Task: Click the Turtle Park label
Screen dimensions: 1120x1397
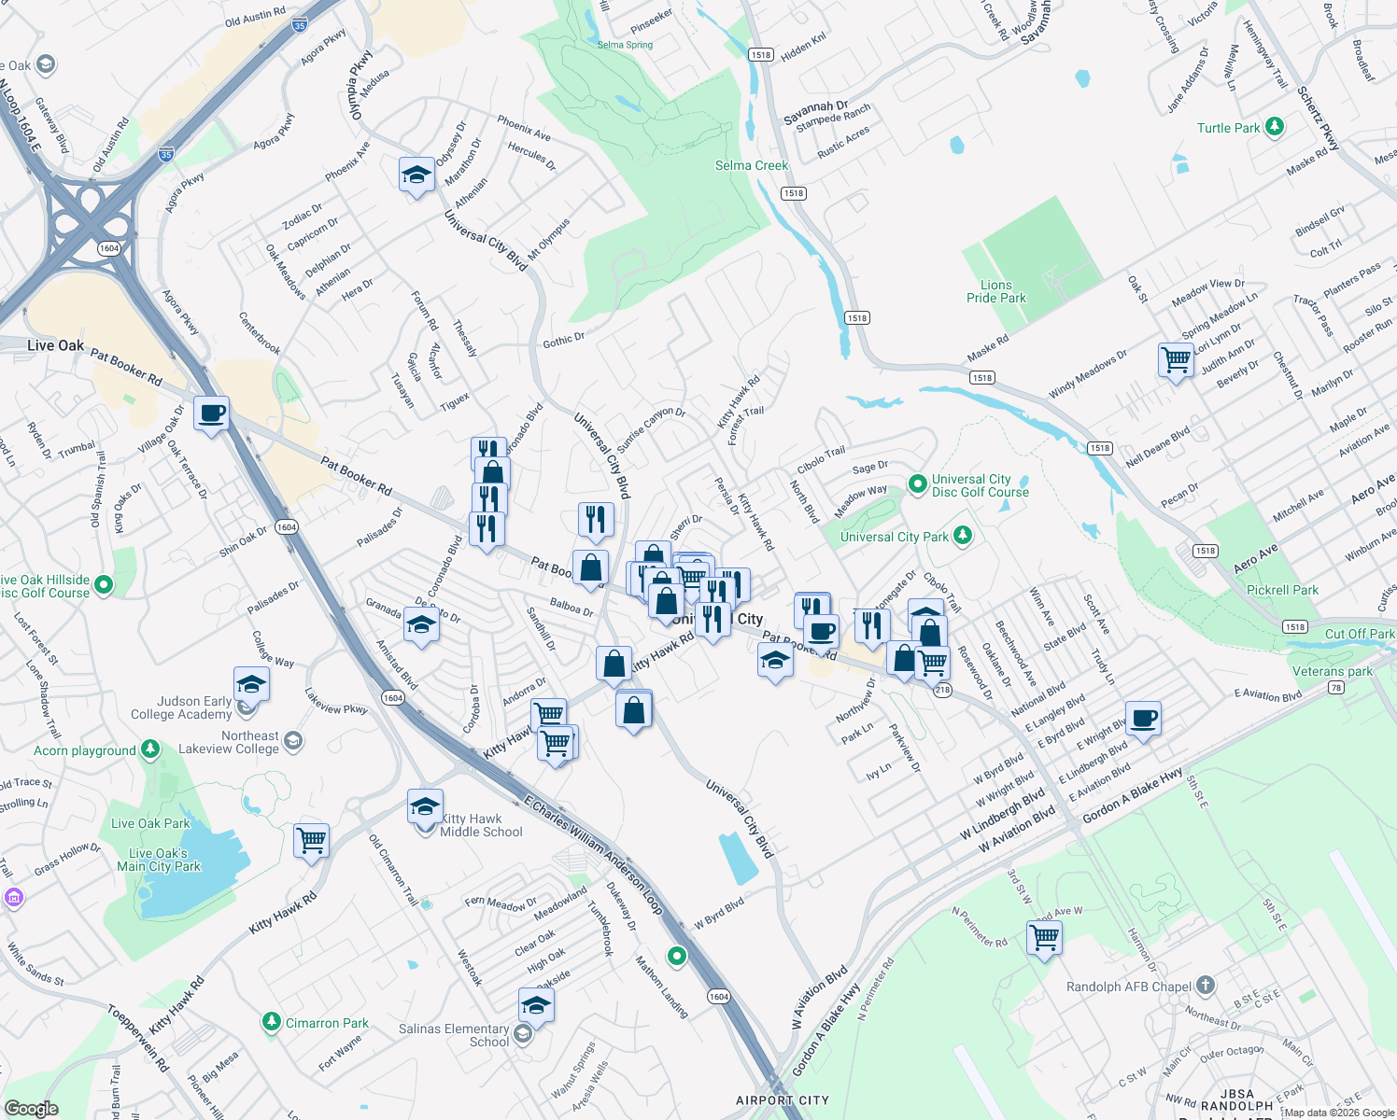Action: tap(1228, 128)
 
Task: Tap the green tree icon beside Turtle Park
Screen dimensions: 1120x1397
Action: tap(1275, 127)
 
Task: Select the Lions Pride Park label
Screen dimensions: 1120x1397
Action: tap(995, 291)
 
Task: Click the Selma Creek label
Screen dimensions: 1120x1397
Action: tap(752, 165)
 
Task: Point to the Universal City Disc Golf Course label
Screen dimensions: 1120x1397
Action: tap(980, 485)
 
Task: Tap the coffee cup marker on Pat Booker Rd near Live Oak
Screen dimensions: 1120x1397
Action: tap(212, 413)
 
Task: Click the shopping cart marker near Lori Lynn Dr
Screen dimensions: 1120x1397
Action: tap(1176, 359)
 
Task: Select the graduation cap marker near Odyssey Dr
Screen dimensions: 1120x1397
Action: tap(416, 175)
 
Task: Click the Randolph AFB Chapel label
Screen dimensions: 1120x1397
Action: tap(1129, 987)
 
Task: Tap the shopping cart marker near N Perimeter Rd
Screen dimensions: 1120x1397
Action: tap(1044, 936)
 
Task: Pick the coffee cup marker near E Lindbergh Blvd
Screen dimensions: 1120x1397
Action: tap(1143, 719)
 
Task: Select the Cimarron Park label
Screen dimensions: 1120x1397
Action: tap(327, 1023)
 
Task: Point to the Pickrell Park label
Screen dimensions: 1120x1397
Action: tap(1282, 590)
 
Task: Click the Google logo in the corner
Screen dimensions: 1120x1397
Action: tap(32, 1109)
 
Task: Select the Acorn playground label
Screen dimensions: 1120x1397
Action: tap(85, 750)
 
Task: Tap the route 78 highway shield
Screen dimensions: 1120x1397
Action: tap(1336, 688)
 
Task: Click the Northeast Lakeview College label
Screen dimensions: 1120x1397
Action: tap(229, 742)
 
